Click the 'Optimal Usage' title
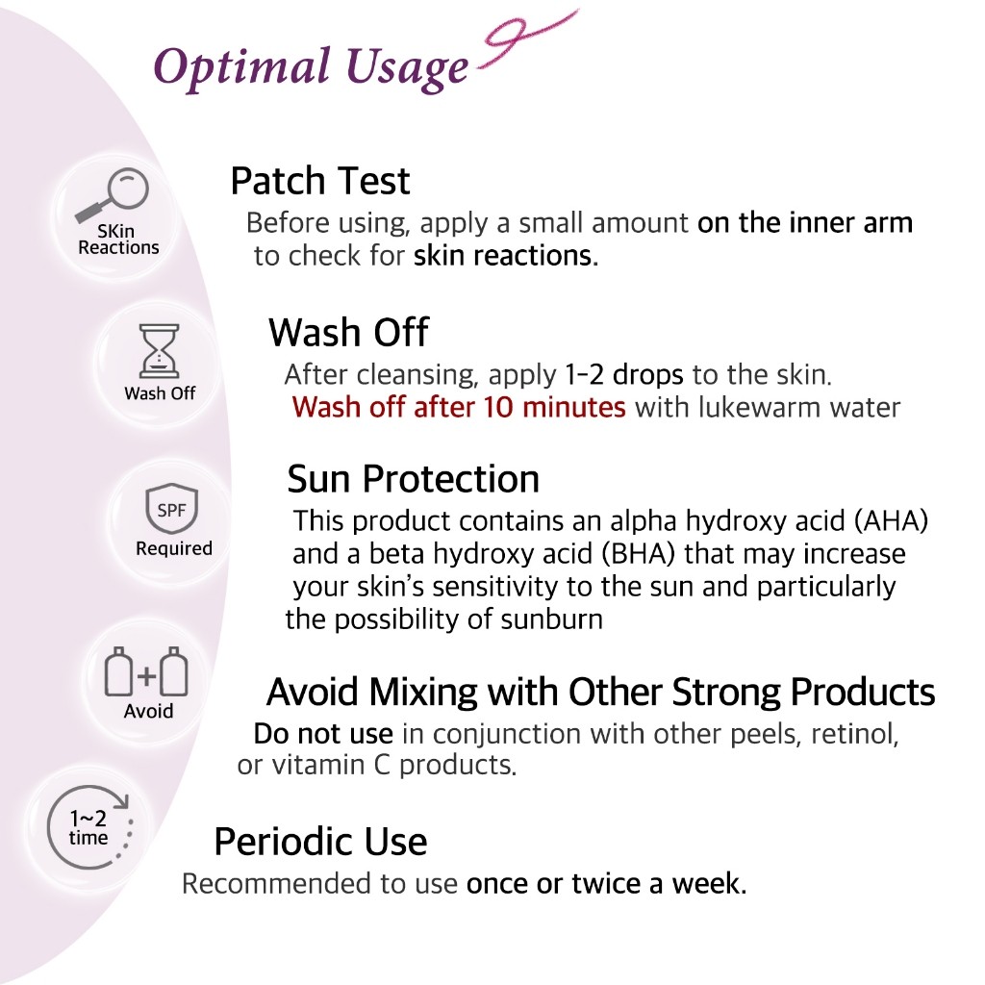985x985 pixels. tap(311, 68)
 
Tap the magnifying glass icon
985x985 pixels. tap(114, 194)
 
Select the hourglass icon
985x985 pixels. tap(159, 351)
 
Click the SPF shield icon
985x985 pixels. tap(171, 509)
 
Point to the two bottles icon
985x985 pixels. tap(146, 672)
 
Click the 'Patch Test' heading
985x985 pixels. tap(319, 181)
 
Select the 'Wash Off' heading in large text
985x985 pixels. tap(348, 332)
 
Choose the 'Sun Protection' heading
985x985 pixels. tap(414, 479)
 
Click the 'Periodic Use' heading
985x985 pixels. tap(320, 842)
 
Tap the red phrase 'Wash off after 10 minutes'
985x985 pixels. tap(459, 407)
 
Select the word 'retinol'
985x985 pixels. tap(854, 734)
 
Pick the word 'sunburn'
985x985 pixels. tap(551, 619)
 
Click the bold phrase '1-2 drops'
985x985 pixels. tap(623, 374)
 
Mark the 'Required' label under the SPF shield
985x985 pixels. tap(174, 548)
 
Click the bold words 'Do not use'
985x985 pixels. tap(323, 734)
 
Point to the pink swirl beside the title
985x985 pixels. tap(528, 38)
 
